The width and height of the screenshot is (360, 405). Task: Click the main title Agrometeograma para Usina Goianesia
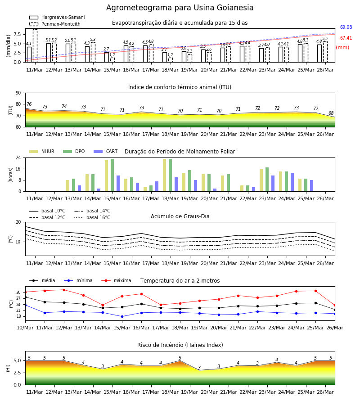[x=180, y=8]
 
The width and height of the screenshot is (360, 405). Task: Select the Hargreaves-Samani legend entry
[x=57, y=17]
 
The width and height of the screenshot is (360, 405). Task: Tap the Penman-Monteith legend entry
[x=55, y=24]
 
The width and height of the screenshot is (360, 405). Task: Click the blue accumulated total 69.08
[x=346, y=27]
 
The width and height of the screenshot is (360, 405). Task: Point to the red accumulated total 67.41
[x=346, y=38]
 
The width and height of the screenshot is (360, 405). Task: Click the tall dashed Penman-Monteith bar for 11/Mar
[x=35, y=46]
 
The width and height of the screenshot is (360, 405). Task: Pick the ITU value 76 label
[x=29, y=104]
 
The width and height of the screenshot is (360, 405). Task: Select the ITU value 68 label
[x=331, y=113]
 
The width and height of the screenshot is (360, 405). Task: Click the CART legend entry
[x=106, y=151]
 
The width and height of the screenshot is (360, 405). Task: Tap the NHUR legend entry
[x=42, y=151]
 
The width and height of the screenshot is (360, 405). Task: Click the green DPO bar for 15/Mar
[x=112, y=175]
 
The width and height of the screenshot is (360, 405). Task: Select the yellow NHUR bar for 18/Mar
[x=165, y=175]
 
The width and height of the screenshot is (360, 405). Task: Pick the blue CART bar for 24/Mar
[x=292, y=182]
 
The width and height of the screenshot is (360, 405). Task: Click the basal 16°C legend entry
[x=92, y=217]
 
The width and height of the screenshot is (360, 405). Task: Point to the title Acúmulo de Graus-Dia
[x=180, y=216]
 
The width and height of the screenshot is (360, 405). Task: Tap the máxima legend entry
[x=116, y=280]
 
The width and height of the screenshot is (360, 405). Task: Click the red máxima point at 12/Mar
[x=64, y=290]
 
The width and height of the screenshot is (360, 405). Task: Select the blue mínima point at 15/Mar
[x=122, y=316]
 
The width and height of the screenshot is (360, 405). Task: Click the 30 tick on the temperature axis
[x=18, y=292]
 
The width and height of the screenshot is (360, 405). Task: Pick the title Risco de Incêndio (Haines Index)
[x=180, y=345]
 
